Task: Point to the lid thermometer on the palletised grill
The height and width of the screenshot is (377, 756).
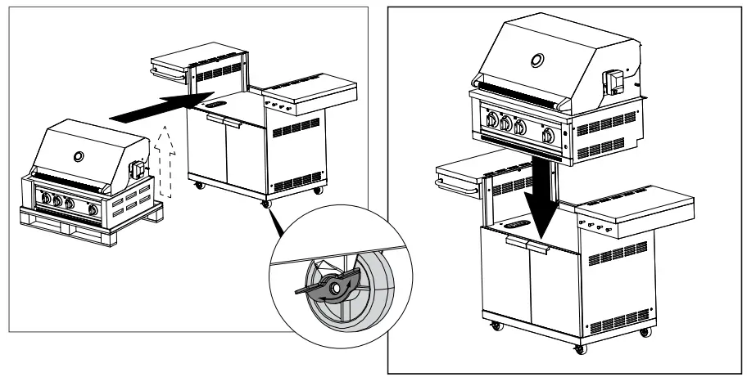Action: [79, 155]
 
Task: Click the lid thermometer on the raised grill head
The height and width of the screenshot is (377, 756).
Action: [536, 61]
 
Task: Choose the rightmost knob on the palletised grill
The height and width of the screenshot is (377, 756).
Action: [95, 210]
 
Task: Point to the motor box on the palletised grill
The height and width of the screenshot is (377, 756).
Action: [136, 168]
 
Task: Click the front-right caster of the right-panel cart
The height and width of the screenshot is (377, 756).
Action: [580, 349]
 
